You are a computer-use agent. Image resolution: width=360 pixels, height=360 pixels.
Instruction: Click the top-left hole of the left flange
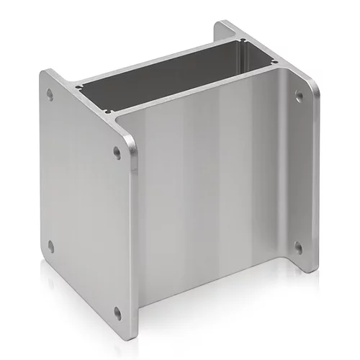[x=49, y=94]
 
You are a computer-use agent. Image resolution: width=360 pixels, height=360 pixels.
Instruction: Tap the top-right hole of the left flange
[x=117, y=152]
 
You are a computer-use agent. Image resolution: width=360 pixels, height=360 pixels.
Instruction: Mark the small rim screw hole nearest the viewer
[x=109, y=112]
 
